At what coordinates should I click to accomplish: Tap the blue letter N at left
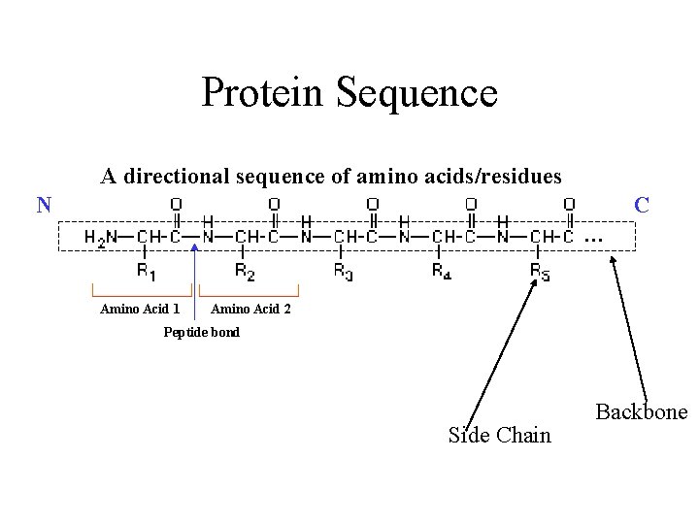[44, 205]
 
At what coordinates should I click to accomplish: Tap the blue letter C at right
[642, 205]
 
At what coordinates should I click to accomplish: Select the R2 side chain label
[246, 273]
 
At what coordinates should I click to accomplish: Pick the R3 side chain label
[344, 273]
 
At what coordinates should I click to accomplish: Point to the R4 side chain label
[442, 273]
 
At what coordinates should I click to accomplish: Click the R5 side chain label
[540, 273]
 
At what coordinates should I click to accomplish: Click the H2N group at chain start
[101, 237]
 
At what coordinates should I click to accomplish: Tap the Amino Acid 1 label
[140, 310]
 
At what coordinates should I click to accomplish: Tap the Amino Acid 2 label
[250, 310]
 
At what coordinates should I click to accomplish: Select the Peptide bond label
[201, 332]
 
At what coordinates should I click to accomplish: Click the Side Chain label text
[499, 436]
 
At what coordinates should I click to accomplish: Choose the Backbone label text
[641, 411]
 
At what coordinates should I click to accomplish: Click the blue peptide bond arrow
[195, 281]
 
